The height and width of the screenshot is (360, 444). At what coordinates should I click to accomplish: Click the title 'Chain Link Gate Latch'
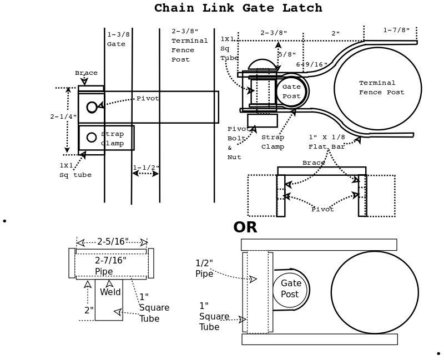click(238, 8)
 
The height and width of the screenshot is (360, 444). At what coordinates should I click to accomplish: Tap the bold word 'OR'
click(245, 227)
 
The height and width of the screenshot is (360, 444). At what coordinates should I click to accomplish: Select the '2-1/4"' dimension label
click(63, 116)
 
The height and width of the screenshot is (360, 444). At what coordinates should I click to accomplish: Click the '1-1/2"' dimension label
click(146, 168)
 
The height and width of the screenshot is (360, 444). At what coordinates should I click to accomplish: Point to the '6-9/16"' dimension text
click(311, 65)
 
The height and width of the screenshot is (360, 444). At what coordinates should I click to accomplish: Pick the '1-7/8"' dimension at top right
click(396, 31)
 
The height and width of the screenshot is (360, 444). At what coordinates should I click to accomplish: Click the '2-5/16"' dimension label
click(113, 242)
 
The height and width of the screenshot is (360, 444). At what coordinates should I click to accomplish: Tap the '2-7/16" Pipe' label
click(110, 266)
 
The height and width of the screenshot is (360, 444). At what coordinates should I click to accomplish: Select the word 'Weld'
click(110, 292)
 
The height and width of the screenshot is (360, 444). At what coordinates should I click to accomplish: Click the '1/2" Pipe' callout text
click(204, 268)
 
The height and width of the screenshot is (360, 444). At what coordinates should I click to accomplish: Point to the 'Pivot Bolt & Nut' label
click(238, 143)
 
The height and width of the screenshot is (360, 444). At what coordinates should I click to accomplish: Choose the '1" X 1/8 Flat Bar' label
click(327, 142)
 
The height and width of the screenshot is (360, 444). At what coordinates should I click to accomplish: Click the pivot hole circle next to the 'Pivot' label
click(92, 107)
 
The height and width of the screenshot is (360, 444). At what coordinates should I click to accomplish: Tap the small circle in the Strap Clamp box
click(92, 137)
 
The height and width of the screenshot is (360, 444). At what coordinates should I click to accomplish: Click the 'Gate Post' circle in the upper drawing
click(291, 92)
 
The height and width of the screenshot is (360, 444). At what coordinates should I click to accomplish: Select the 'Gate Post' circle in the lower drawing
click(290, 290)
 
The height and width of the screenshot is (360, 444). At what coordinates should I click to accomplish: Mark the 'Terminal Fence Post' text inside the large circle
click(381, 88)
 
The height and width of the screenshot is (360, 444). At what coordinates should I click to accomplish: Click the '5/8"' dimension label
click(287, 54)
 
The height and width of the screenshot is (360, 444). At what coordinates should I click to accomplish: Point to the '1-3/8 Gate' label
click(118, 39)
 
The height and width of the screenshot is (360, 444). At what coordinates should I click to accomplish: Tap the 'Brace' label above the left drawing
click(86, 73)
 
